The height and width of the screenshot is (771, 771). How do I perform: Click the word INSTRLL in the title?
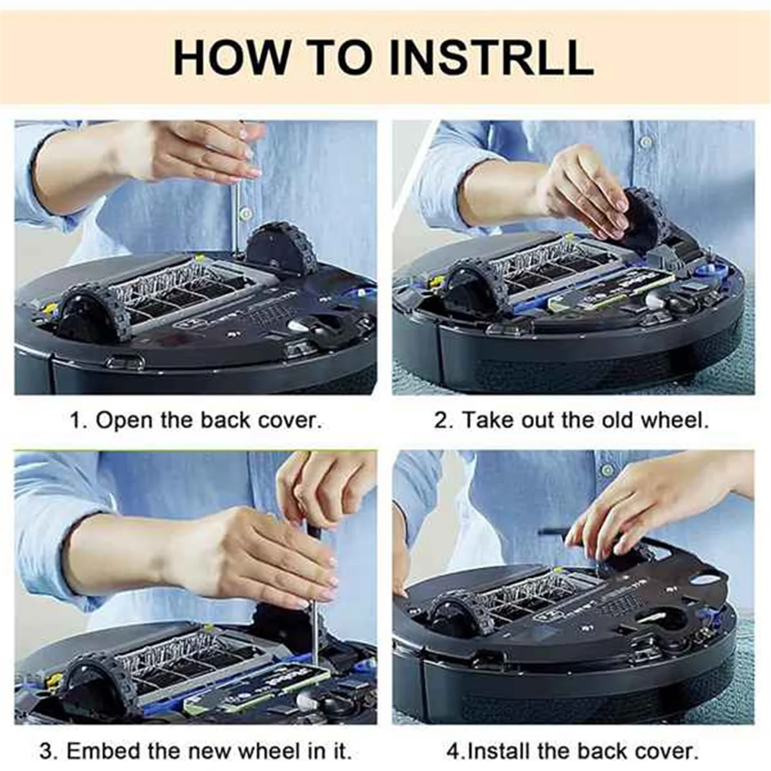tap(491, 57)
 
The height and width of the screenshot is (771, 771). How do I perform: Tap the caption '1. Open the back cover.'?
tap(195, 421)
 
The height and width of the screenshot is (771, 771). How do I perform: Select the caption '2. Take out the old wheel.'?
tap(571, 421)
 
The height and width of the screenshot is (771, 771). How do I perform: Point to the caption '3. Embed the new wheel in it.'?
tap(195, 750)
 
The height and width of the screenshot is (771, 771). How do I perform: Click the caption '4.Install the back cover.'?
tap(572, 750)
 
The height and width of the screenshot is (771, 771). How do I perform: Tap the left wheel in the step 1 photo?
tap(96, 312)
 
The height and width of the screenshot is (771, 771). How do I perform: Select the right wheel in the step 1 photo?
tap(283, 249)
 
